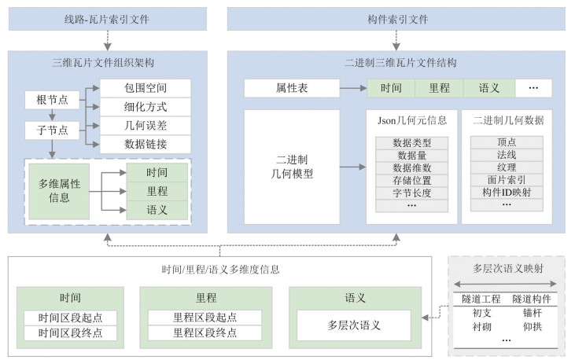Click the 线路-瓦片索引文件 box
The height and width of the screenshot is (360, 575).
(x=108, y=18)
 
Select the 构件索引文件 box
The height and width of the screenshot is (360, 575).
(x=396, y=18)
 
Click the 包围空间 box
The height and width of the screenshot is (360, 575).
(x=146, y=87)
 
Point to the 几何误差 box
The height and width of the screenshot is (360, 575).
(x=146, y=125)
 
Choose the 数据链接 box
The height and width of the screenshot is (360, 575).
(x=146, y=144)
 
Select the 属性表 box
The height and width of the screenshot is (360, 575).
(x=292, y=88)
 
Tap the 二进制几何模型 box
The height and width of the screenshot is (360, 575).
(x=292, y=167)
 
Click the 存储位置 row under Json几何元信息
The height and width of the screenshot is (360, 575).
(x=411, y=181)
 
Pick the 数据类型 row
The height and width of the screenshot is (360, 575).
(x=411, y=143)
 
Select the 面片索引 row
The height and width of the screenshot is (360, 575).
(x=507, y=179)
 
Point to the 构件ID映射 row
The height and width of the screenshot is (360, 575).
(x=507, y=192)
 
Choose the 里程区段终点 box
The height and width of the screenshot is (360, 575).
(x=205, y=332)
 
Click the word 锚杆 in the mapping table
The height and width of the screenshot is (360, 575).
(x=532, y=312)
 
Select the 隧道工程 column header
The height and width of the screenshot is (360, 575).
(x=481, y=299)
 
